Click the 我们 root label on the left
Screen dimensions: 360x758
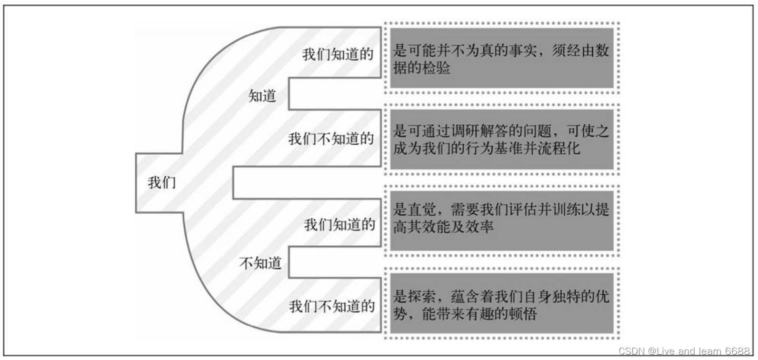coord(162,183)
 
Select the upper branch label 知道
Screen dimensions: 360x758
coord(262,96)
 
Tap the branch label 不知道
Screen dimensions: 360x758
coord(261,263)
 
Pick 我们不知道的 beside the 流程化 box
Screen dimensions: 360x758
coord(331,139)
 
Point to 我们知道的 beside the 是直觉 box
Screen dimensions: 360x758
coord(340,225)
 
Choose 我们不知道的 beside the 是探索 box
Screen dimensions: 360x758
coord(332,306)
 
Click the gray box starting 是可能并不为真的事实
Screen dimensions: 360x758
coord(502,59)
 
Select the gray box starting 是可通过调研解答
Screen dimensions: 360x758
coord(502,139)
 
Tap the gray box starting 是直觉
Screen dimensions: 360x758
coord(502,218)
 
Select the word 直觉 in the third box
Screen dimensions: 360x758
coord(421,209)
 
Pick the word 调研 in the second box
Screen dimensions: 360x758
coord(464,131)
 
